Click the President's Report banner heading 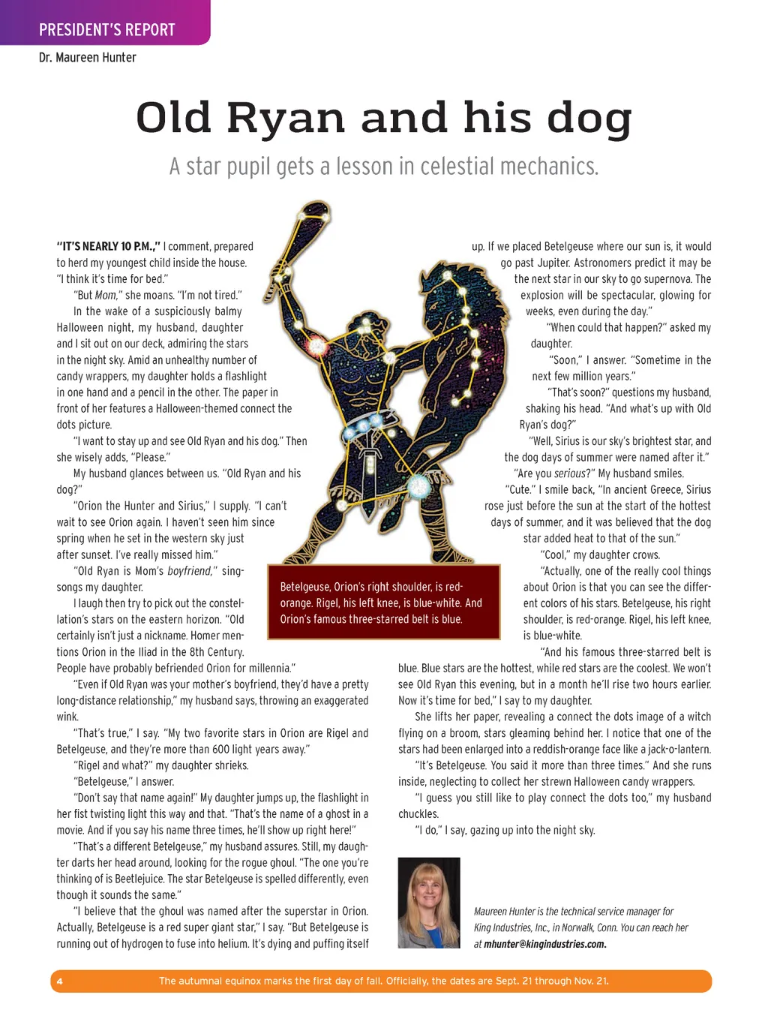coord(106,30)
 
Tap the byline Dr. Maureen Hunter coord(88,58)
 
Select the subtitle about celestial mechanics coord(383,166)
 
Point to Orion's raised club coord(296,240)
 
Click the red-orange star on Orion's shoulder coord(316,346)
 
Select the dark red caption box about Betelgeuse coord(383,603)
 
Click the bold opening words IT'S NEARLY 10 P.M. coord(108,246)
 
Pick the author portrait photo coord(428,903)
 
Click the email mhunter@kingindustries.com coord(544,944)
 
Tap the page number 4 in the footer coord(60,981)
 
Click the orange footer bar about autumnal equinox coord(383,981)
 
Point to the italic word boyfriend coord(190,571)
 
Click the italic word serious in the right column coord(570,473)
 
